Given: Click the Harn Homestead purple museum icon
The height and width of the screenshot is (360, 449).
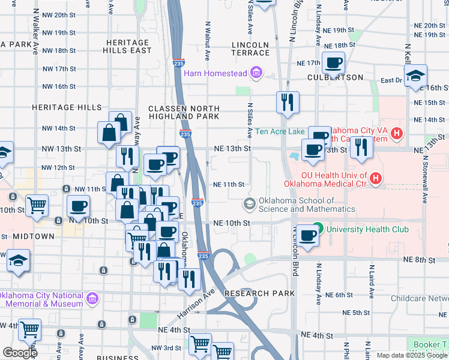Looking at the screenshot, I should pos(257,73).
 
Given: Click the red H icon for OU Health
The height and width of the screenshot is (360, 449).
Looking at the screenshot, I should pos(376,178).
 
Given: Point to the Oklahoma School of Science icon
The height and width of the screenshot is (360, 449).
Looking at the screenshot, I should pos(249,204).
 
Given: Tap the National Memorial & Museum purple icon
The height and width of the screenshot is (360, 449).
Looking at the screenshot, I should pos(92,298).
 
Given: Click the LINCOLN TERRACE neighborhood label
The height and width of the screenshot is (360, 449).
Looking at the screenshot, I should pos(251,49).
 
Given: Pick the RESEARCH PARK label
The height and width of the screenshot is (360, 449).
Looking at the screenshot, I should pos(259,293).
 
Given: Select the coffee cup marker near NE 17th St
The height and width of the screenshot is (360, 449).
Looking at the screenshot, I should pos(333,63).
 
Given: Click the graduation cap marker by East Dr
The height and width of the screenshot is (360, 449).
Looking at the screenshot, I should pos(415,77).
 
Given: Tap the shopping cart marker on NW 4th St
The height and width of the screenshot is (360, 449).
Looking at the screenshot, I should pos(29,330).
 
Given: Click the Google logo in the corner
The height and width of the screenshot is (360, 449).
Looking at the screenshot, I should pos(20,353).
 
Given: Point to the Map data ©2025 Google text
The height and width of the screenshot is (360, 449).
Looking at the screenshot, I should pos(411,355).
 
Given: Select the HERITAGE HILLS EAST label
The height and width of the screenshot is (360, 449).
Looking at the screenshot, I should pos(128,47).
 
